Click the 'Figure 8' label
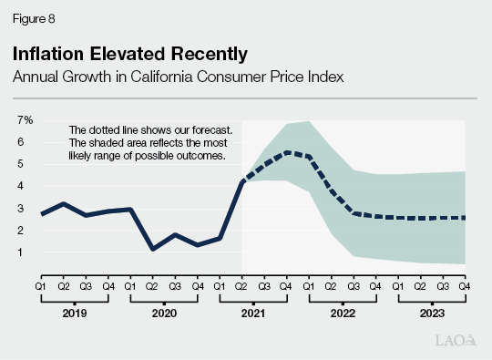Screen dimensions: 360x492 pos(31,15)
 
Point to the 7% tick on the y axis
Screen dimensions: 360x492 pos(25,120)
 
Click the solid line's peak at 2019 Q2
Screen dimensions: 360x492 pos(64,203)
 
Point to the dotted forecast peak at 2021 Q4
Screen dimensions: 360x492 pos(287,152)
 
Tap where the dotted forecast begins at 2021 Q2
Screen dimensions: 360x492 pos(242,182)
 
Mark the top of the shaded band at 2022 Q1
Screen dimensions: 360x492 pos(309,120)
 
